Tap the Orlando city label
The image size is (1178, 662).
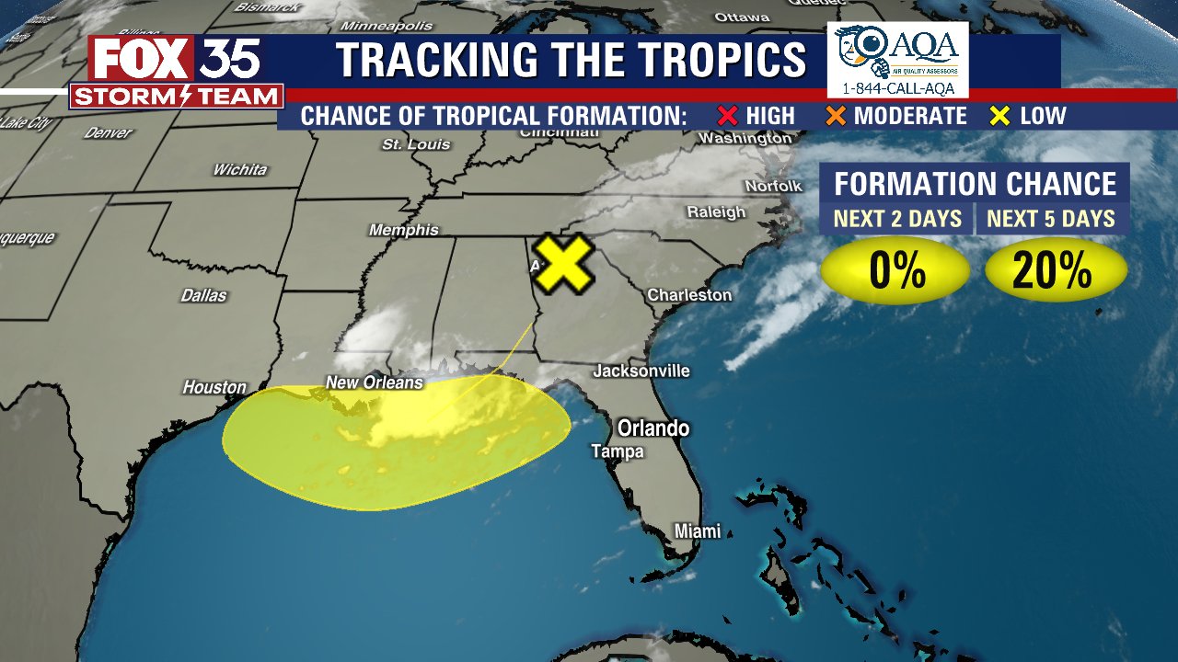[x=653, y=428]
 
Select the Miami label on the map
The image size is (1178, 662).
[x=697, y=531]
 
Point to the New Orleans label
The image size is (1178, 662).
[x=374, y=382]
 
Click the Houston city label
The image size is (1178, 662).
[x=214, y=387]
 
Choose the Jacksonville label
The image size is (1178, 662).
[x=641, y=371]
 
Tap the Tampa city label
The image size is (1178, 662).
[x=617, y=451]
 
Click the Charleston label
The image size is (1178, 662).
[x=689, y=295]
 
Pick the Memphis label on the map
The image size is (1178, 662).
[x=403, y=230]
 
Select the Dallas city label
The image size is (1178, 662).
[x=203, y=296]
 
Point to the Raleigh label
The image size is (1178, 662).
[x=716, y=212]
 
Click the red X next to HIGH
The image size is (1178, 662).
[x=728, y=116]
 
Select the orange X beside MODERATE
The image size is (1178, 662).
[x=836, y=116]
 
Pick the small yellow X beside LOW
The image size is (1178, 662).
[x=999, y=116]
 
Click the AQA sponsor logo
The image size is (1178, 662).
[x=898, y=60]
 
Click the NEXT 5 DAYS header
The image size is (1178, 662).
[x=1050, y=219]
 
